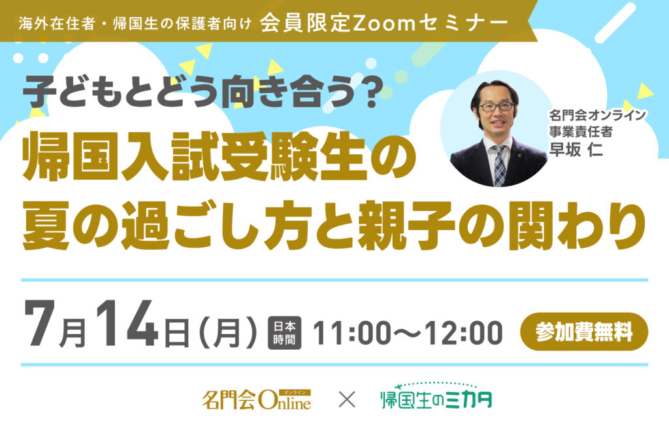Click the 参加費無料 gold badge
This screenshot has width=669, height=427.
(583, 332)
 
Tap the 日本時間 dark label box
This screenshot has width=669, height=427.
(284, 333)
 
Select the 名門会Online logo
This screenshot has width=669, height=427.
(256, 400)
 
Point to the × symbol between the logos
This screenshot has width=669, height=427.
(346, 400)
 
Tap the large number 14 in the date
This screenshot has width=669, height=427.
(127, 323)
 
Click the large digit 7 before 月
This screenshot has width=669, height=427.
(40, 323)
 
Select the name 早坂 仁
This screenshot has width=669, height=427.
(576, 150)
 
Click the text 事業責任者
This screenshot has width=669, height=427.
(581, 132)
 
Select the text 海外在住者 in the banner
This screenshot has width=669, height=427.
(56, 24)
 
